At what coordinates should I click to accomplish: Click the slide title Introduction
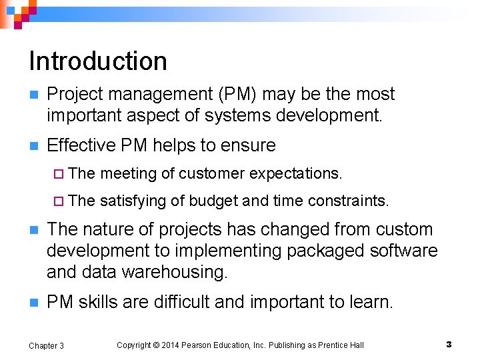coord(98,61)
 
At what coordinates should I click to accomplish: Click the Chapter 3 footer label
coord(47,345)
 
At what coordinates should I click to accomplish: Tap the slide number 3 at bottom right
coord(449,344)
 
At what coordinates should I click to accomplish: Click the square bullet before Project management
coord(33,95)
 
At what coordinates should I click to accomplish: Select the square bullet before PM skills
coord(33,303)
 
